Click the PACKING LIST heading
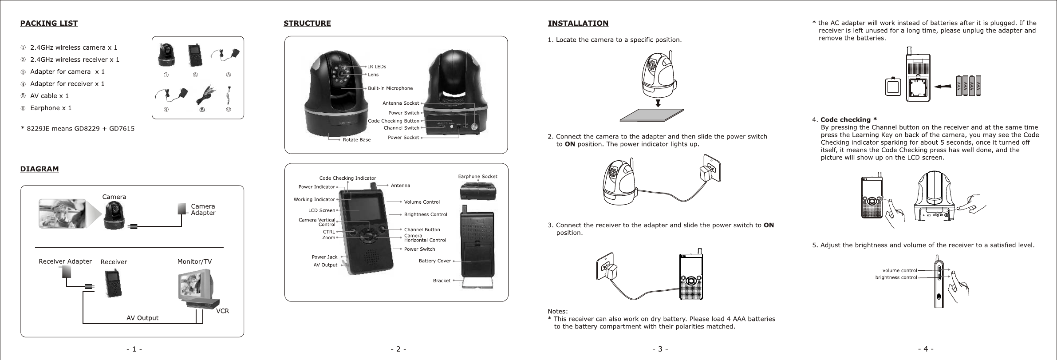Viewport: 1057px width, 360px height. pyautogui.click(x=49, y=23)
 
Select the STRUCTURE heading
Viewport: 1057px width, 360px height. pyautogui.click(x=307, y=23)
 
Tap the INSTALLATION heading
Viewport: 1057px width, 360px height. pyautogui.click(x=578, y=23)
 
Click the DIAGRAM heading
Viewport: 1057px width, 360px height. pyautogui.click(x=39, y=169)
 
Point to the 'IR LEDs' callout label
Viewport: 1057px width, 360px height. pyautogui.click(x=377, y=67)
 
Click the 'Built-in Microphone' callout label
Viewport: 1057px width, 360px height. pyautogui.click(x=390, y=88)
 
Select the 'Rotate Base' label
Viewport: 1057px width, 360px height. pyautogui.click(x=357, y=140)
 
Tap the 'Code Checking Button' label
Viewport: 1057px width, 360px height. pyautogui.click(x=394, y=121)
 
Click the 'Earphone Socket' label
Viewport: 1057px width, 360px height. pyautogui.click(x=477, y=176)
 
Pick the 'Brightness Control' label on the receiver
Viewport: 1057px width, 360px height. pyautogui.click(x=426, y=214)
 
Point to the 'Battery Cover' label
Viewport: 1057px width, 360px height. pyautogui.click(x=435, y=261)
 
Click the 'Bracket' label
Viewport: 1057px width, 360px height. pyautogui.click(x=442, y=281)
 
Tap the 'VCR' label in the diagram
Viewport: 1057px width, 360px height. pyautogui.click(x=222, y=311)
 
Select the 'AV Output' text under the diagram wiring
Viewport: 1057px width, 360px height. pyautogui.click(x=142, y=318)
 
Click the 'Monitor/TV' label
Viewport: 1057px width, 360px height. pyautogui.click(x=194, y=262)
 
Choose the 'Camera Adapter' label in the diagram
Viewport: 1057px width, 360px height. pyautogui.click(x=203, y=210)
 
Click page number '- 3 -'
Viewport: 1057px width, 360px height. pyautogui.click(x=660, y=349)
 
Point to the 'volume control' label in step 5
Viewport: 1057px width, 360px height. pyautogui.click(x=899, y=270)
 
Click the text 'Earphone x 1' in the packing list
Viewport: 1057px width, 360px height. pyautogui.click(x=51, y=108)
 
